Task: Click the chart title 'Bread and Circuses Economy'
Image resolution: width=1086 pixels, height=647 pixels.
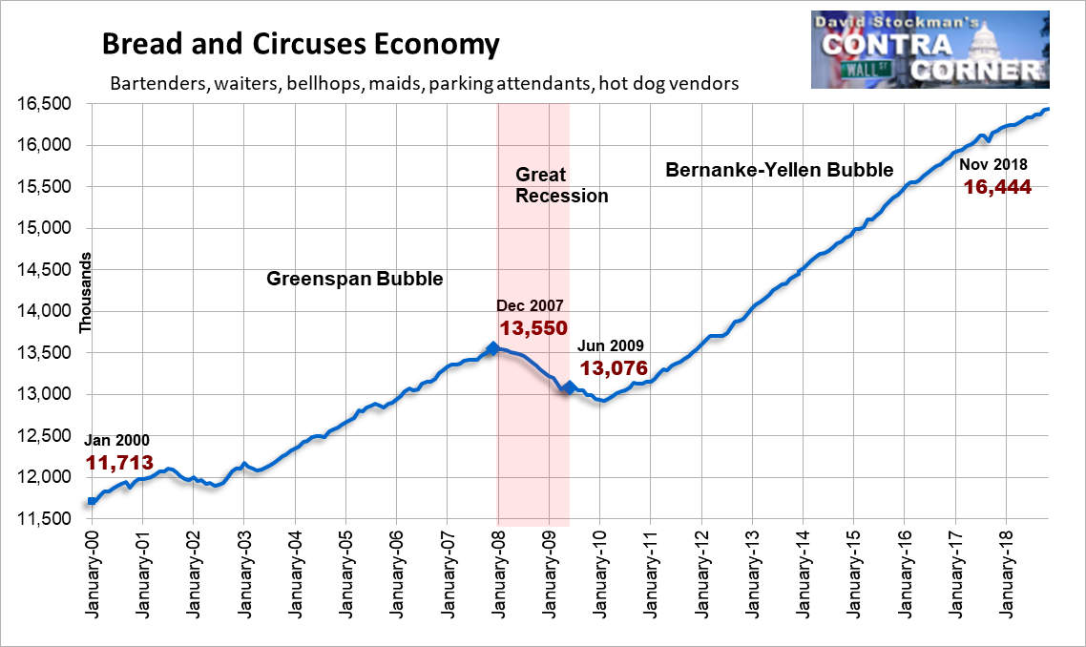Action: pyautogui.click(x=301, y=44)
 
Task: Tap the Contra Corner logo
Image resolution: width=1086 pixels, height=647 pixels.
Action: pyautogui.click(x=930, y=50)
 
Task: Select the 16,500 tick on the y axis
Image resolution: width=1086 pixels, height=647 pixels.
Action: pyautogui.click(x=44, y=104)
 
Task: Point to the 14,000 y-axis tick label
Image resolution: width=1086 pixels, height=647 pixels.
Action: pyautogui.click(x=44, y=311)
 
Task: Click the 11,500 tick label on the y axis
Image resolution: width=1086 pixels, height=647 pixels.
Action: pyautogui.click(x=44, y=519)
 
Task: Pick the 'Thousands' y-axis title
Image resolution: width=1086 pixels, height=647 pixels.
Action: pyautogui.click(x=85, y=293)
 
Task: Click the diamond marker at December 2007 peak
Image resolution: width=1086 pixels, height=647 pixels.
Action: pyautogui.click(x=492, y=348)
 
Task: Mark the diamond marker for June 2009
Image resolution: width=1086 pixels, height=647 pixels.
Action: pyautogui.click(x=569, y=387)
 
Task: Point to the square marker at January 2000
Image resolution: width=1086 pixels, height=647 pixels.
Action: pyautogui.click(x=93, y=501)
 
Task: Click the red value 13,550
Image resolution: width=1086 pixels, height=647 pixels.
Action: pyautogui.click(x=534, y=327)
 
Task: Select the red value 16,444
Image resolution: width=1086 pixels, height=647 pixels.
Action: pyautogui.click(x=997, y=186)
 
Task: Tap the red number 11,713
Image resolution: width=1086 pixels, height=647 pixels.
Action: pyautogui.click(x=120, y=462)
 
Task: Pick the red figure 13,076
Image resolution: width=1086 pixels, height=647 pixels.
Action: pyautogui.click(x=614, y=367)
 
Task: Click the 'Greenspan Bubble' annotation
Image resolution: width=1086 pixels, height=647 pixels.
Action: pyautogui.click(x=355, y=279)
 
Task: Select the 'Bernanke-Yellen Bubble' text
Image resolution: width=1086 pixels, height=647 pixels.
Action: pyautogui.click(x=779, y=170)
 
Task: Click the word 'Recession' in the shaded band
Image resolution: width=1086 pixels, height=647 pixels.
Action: pyautogui.click(x=562, y=196)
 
